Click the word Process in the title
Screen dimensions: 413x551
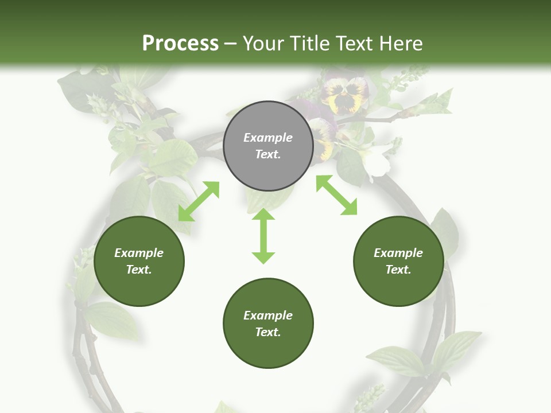(180, 44)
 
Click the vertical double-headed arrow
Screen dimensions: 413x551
(263, 236)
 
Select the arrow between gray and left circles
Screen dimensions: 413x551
(199, 201)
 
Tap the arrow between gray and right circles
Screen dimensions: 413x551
(337, 196)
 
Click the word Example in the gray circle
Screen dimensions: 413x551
(268, 138)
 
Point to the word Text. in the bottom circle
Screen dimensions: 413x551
(268, 332)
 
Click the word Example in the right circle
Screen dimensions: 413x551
(398, 253)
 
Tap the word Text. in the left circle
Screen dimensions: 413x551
(139, 270)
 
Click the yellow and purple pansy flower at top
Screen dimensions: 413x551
(344, 95)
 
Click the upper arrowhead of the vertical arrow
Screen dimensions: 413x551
(263, 215)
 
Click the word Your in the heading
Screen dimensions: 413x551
(261, 44)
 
